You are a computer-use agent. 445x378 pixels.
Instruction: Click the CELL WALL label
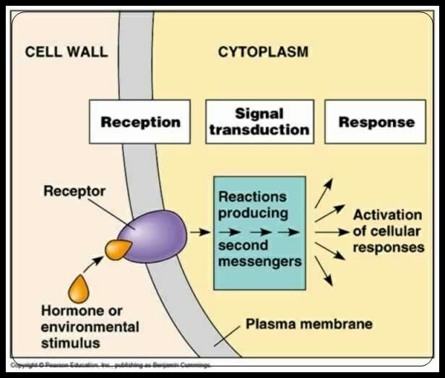[x=66, y=52]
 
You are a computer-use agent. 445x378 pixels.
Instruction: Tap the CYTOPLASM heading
[x=263, y=52]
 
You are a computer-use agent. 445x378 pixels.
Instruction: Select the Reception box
[x=139, y=121]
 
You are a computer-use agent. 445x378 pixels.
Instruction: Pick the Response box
[x=376, y=121]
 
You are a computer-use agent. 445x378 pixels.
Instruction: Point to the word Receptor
[x=74, y=192]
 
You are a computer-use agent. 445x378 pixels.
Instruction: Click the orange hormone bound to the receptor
[x=118, y=249]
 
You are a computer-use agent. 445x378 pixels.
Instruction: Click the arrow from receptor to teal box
[x=199, y=232]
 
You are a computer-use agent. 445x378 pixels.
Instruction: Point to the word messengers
[x=259, y=261]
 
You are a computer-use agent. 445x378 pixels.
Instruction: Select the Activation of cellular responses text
[x=387, y=231]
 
